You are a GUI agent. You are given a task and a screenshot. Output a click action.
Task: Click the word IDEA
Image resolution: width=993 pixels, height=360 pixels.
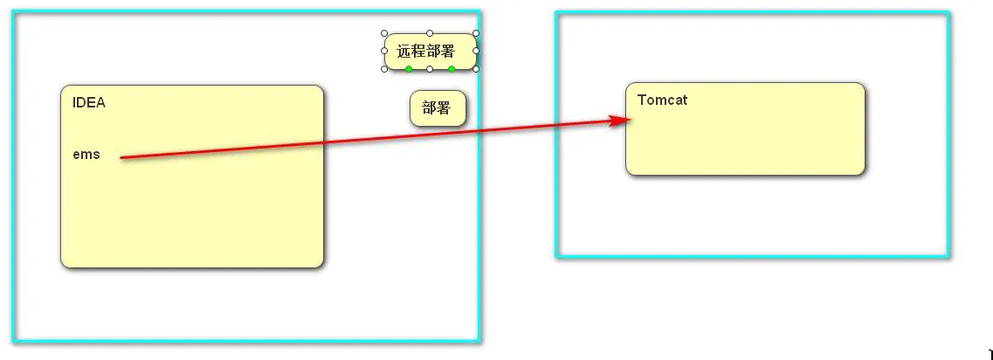click(x=89, y=102)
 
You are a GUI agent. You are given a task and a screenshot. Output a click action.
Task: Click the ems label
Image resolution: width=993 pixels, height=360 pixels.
click(x=86, y=155)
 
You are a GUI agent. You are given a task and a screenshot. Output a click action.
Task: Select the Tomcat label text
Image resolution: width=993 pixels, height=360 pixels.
click(x=662, y=100)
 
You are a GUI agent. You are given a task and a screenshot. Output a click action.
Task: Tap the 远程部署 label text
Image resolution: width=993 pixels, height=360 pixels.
click(x=426, y=52)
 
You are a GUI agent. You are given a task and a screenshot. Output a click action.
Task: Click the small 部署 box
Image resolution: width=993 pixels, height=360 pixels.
click(x=438, y=108)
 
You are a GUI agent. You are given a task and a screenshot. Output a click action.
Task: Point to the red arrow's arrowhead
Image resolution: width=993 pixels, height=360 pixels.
click(x=623, y=121)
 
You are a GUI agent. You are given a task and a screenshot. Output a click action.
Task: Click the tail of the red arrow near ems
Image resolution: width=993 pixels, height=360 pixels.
click(x=122, y=157)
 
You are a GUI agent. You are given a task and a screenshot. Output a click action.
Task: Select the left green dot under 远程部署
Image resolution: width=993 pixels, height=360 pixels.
click(x=409, y=69)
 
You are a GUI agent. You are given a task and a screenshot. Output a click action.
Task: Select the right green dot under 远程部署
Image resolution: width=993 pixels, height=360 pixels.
click(x=452, y=69)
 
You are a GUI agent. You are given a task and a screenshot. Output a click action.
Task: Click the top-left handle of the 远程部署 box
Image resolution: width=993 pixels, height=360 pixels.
click(x=384, y=33)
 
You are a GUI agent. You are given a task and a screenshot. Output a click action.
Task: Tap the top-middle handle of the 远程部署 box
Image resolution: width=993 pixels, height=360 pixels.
click(x=430, y=33)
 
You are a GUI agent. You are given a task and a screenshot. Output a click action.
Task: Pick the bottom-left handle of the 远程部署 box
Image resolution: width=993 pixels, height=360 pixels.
click(x=384, y=69)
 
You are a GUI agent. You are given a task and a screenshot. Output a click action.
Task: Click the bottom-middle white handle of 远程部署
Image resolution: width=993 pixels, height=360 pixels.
click(x=430, y=69)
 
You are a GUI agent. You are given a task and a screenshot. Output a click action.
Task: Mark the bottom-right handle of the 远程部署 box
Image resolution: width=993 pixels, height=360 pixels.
click(x=476, y=69)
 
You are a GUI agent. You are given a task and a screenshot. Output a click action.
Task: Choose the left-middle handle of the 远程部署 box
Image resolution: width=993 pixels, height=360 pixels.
click(x=384, y=51)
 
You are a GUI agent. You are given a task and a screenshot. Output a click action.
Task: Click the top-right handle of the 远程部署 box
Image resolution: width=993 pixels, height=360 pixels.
click(x=476, y=33)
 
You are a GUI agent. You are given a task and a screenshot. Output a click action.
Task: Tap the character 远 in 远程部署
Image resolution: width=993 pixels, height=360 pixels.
click(x=403, y=52)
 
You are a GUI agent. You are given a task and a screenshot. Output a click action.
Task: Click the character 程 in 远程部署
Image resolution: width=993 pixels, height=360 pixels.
click(x=418, y=52)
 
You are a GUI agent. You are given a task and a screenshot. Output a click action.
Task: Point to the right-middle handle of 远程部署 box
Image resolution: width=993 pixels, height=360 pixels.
click(x=476, y=51)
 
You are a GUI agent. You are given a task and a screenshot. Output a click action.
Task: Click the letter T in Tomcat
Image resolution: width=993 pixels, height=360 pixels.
click(x=642, y=100)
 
